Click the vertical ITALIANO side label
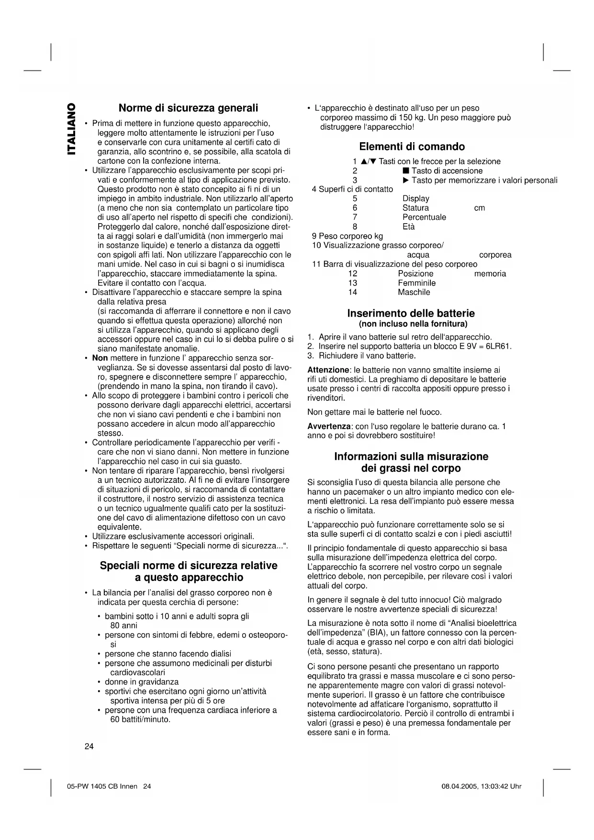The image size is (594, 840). tap(71, 129)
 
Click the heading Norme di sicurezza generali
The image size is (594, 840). tap(188, 108)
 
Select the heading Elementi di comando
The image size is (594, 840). tap(412, 147)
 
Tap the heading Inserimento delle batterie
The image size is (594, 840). tap(411, 313)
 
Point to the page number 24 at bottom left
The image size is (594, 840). tap(89, 746)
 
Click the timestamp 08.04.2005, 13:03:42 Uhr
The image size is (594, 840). tap(481, 786)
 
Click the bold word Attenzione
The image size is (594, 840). tap(328, 370)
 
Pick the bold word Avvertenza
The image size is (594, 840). tap(329, 426)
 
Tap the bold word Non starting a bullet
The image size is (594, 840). tap(100, 358)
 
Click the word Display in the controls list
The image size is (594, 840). tap(415, 198)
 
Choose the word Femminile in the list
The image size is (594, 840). tap(416, 283)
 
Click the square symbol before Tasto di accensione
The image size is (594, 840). tap(405, 171)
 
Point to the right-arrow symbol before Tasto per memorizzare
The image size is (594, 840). tap(405, 181)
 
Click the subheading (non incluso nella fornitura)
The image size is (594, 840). tap(413, 324)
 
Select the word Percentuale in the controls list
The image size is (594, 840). tap(424, 217)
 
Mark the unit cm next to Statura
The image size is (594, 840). tap(479, 208)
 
